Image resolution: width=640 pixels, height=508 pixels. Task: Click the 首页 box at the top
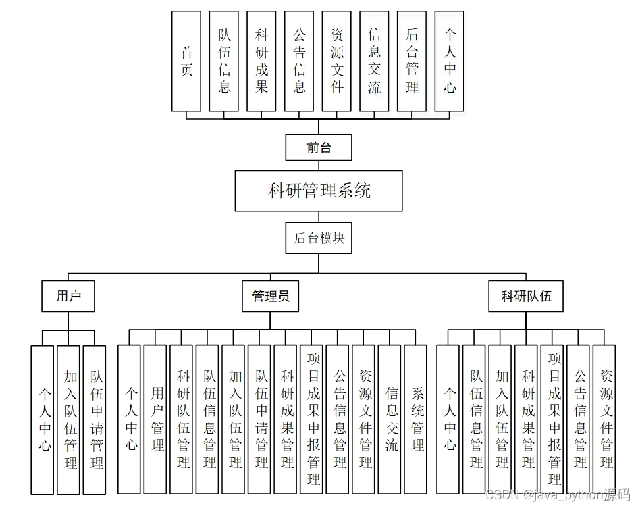(186, 61)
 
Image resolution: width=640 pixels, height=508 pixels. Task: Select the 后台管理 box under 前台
(412, 61)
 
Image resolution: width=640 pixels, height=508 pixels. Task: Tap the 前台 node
(319, 147)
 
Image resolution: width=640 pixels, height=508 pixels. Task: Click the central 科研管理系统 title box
(319, 190)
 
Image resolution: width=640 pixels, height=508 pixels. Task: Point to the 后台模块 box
(319, 238)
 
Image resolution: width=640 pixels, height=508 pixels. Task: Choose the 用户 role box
(68, 296)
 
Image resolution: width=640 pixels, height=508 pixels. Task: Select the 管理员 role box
(270, 296)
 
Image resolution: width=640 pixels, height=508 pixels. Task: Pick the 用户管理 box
(155, 419)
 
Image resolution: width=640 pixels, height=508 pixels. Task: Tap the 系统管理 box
(415, 419)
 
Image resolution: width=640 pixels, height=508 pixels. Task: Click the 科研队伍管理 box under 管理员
(182, 419)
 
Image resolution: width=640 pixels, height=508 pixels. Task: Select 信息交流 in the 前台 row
(374, 61)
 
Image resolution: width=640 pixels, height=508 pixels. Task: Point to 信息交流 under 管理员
(390, 419)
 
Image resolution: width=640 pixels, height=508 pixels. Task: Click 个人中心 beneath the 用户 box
(42, 419)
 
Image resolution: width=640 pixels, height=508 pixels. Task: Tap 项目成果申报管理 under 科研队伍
(552, 419)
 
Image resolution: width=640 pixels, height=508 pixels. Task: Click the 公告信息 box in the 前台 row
(299, 61)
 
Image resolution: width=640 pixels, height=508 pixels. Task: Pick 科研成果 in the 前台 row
(261, 61)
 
